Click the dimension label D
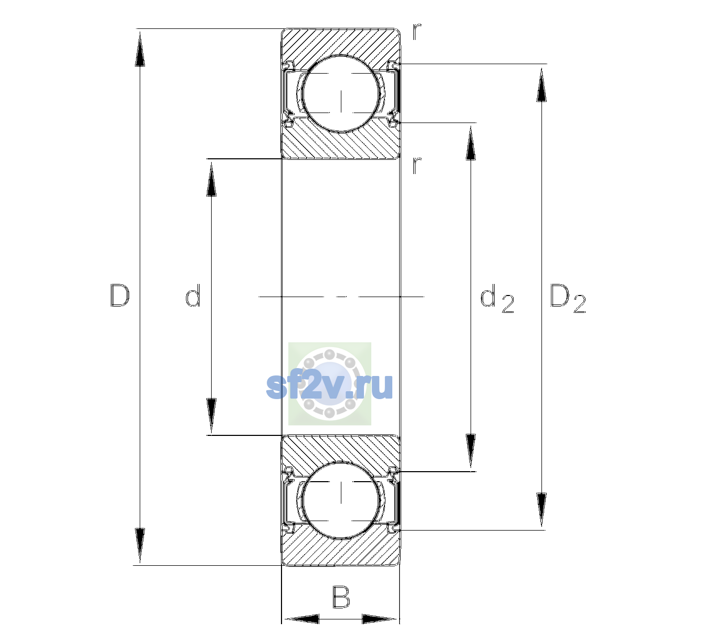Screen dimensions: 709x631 pos(120,296)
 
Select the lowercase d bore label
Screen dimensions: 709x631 pos(193,296)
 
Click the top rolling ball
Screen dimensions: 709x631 pos(341,94)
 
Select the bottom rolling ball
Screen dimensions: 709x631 pos(341,500)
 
